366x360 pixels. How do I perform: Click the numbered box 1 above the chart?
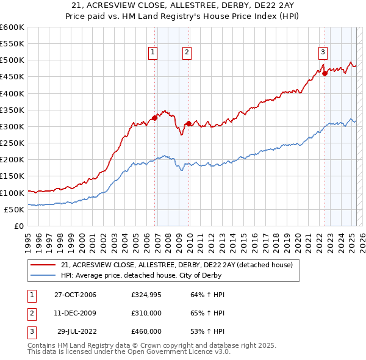click(x=152, y=52)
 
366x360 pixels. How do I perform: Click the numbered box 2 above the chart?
click(x=186, y=52)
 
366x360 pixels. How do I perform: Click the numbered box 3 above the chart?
click(x=323, y=52)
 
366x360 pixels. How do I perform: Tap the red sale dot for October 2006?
click(x=155, y=118)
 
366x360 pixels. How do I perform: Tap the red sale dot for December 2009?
click(x=189, y=123)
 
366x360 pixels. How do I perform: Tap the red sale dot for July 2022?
click(x=325, y=73)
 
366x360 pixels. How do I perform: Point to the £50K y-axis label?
click(x=15, y=209)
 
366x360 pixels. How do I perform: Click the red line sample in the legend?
click(x=43, y=265)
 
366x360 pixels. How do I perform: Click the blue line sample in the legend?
click(x=43, y=275)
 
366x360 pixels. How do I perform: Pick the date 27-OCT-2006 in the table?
click(x=75, y=295)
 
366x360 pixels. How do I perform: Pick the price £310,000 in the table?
click(x=146, y=313)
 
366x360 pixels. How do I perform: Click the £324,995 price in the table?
click(x=146, y=295)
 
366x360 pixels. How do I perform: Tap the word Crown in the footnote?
click(x=156, y=345)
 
